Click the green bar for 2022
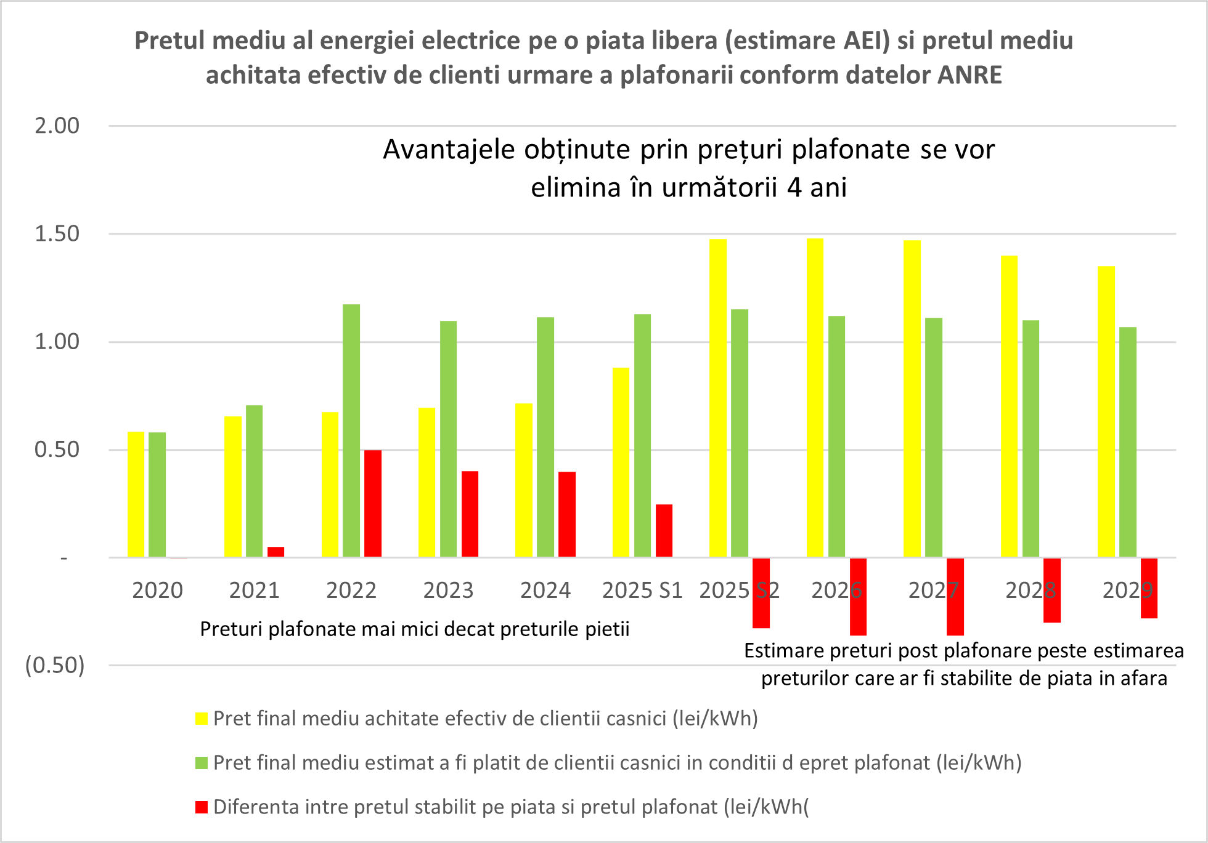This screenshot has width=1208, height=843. click(351, 430)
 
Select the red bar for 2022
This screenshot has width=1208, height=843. click(373, 503)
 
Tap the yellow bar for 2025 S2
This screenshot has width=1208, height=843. click(718, 398)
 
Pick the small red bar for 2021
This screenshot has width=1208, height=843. click(275, 552)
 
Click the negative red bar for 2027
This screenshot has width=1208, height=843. click(955, 596)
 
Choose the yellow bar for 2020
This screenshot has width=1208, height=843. click(136, 494)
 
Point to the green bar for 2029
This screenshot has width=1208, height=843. click(1128, 442)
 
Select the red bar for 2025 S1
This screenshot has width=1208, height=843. click(664, 530)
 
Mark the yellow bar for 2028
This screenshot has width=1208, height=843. click(1009, 406)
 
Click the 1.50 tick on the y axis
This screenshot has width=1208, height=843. click(57, 234)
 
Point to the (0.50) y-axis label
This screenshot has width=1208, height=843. click(55, 666)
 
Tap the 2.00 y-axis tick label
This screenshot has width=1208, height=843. click(57, 126)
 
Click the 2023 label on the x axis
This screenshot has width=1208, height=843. click(448, 591)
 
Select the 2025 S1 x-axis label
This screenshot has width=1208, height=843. click(642, 591)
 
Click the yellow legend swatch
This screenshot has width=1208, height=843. click(202, 719)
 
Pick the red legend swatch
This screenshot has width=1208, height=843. click(202, 807)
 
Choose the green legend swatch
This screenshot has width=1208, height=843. click(202, 763)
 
